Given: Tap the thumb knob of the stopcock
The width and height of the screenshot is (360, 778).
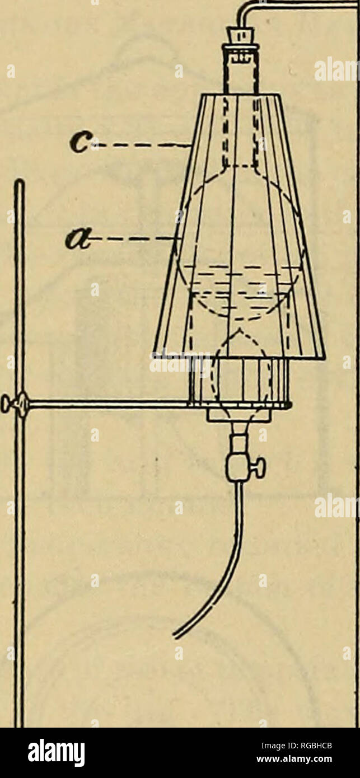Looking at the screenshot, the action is click(x=260, y=468).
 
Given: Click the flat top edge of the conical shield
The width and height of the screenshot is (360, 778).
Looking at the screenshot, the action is click(x=241, y=95).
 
